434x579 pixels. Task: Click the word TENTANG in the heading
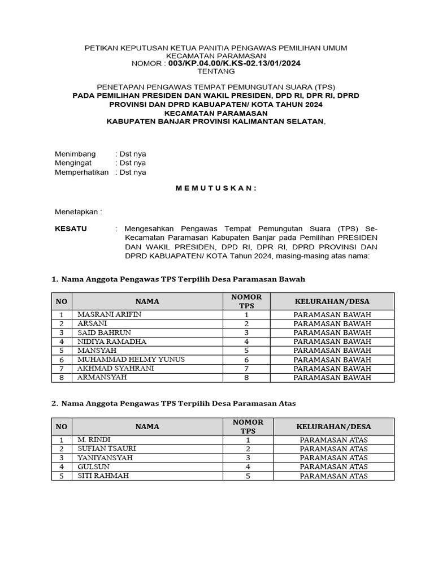[x=216, y=72]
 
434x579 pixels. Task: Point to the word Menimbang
[x=75, y=154]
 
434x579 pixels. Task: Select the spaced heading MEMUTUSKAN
[x=216, y=188]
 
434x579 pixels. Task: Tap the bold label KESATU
[x=71, y=229]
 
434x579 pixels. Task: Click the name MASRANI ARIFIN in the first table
[x=110, y=314]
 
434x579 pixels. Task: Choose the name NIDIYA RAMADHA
[x=112, y=342]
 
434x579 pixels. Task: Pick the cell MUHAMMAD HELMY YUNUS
[x=131, y=360]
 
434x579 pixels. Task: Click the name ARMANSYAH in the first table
[x=102, y=377]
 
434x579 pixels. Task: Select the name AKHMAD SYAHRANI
[x=116, y=369]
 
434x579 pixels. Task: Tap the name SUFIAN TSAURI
[x=107, y=449]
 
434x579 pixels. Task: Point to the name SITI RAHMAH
[x=103, y=476]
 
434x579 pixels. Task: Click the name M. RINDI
[x=94, y=440]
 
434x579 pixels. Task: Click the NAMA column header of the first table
[x=147, y=301]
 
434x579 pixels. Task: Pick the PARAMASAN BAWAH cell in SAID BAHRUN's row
[x=332, y=332]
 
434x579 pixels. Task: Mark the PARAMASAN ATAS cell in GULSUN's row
[x=333, y=467]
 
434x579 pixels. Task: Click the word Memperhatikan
[x=81, y=172]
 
